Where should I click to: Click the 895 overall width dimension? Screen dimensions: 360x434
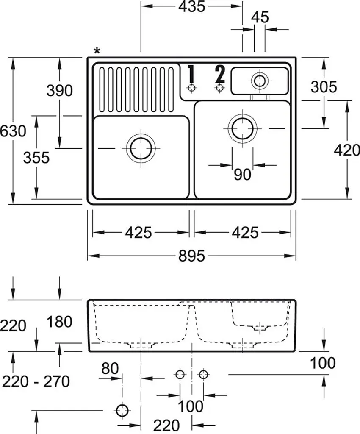point(191,256)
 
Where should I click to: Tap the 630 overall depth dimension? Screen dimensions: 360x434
point(13,131)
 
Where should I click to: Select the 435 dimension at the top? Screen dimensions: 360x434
point(191,6)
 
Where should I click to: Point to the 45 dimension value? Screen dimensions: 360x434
point(260,17)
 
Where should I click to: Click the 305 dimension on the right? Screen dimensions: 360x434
point(324,86)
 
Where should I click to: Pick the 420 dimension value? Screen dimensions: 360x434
point(347,150)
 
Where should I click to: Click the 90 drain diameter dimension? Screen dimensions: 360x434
point(242,174)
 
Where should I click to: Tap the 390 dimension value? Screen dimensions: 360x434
point(59,91)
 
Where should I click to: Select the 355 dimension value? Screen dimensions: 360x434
point(36,158)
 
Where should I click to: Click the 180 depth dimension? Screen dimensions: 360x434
point(59,322)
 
